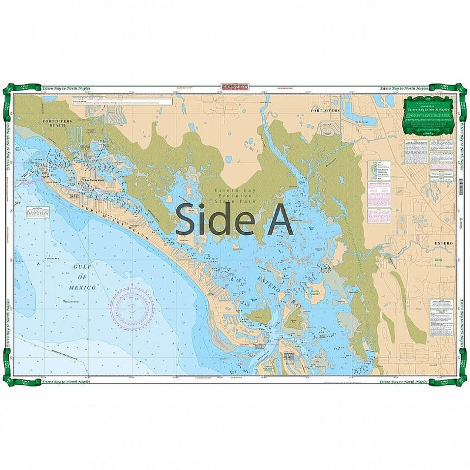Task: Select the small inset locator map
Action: (x=372, y=170)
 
